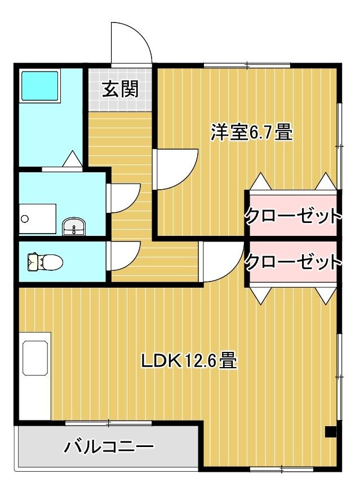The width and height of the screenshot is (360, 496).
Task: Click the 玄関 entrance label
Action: pos(120,89)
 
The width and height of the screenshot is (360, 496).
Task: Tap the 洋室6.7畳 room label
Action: pos(251,133)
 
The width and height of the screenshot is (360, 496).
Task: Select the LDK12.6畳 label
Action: pos(188,360)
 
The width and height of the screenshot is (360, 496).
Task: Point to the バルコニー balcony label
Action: pos(109,448)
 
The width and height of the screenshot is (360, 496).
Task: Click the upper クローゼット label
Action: pos(293,215)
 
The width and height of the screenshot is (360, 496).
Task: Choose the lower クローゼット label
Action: pos(293,262)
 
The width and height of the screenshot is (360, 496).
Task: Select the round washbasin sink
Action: pos(73,227)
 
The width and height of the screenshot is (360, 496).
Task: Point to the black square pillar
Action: pos(331,432)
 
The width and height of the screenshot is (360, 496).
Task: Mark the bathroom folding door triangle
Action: pos(73,159)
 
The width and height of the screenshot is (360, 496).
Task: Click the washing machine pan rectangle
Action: pos(37,218)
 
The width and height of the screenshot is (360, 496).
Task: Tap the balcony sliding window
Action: pos(109,422)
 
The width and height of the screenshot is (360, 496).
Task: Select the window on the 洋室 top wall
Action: pos(248,66)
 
